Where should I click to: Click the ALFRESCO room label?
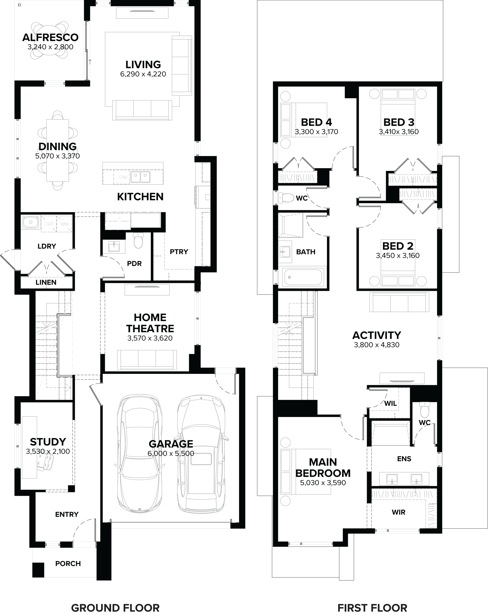[x=50, y=37]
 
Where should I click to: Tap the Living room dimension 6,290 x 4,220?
[x=143, y=74]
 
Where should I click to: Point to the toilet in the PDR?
[x=138, y=241]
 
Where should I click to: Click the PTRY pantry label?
[x=179, y=252]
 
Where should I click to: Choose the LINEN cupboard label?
[x=46, y=282]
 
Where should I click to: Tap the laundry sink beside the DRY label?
[x=30, y=222]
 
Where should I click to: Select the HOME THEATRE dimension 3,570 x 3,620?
[x=150, y=338]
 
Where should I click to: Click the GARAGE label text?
[x=171, y=444]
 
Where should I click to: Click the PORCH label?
[x=68, y=563]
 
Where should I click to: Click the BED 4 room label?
[x=316, y=122]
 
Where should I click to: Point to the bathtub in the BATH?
[x=303, y=277]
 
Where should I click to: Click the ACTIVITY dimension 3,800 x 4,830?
[x=376, y=345]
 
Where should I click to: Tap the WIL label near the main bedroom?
[x=390, y=403]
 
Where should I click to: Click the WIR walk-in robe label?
[x=398, y=512]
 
